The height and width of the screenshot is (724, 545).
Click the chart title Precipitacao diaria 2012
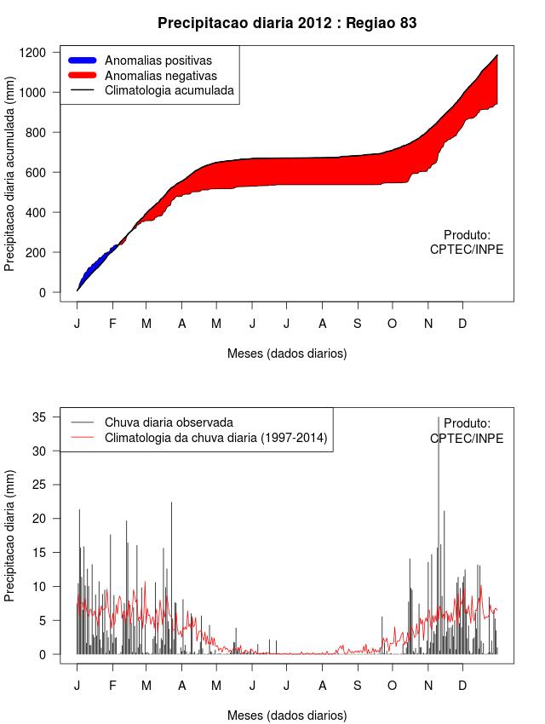pyautogui.click(x=287, y=23)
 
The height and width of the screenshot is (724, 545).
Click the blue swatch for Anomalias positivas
pyautogui.click(x=83, y=60)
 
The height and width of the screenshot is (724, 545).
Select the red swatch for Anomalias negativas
pyautogui.click(x=83, y=75)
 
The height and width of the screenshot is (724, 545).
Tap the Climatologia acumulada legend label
pyautogui.click(x=169, y=89)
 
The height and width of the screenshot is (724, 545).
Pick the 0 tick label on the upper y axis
pyautogui.click(x=43, y=293)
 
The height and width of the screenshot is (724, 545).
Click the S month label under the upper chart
pyautogui.click(x=358, y=324)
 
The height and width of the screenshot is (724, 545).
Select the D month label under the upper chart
pyautogui.click(x=462, y=324)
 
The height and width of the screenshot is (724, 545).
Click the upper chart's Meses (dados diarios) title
pyautogui.click(x=287, y=353)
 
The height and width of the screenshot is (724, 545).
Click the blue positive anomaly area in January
pyautogui.click(x=89, y=265)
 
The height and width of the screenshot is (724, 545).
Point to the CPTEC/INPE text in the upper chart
pyautogui.click(x=467, y=250)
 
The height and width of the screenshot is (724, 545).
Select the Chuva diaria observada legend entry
pyautogui.click(x=169, y=422)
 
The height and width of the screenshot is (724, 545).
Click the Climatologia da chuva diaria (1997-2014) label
pyautogui.click(x=215, y=438)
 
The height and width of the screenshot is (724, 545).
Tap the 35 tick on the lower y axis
pyautogui.click(x=37, y=417)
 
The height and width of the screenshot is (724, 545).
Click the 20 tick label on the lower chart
pyautogui.click(x=37, y=518)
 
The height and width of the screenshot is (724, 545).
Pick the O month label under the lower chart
pyautogui.click(x=393, y=686)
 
